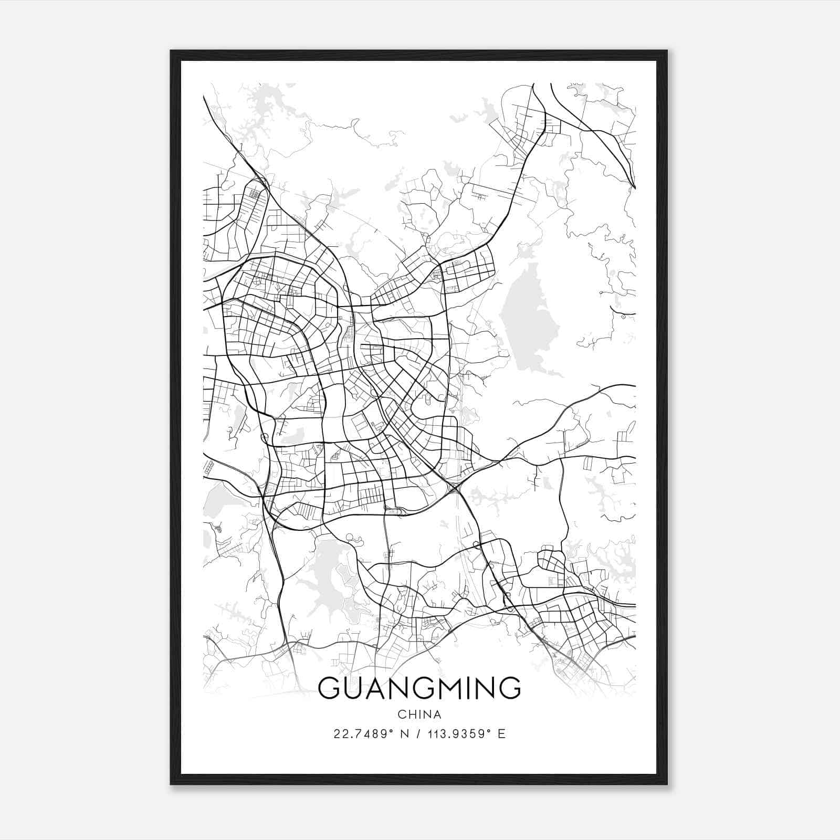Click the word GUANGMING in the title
(x=419, y=688)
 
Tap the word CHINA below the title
(x=419, y=715)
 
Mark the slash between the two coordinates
(x=419, y=734)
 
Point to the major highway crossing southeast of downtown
(x=455, y=489)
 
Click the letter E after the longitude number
(x=501, y=734)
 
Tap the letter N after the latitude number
(x=404, y=734)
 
